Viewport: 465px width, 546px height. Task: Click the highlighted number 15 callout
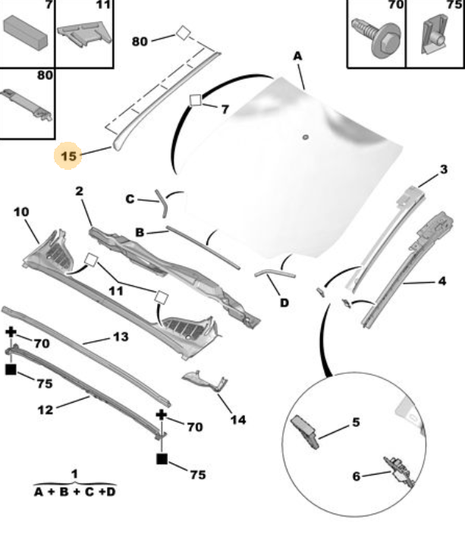pyautogui.click(x=68, y=155)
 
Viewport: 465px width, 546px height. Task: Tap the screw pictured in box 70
pyautogui.click(x=376, y=38)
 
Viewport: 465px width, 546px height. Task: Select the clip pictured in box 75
pyautogui.click(x=435, y=35)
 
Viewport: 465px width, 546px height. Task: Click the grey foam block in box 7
pyautogui.click(x=25, y=33)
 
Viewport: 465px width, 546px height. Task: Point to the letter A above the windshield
pyautogui.click(x=297, y=56)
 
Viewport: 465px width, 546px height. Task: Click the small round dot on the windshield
pyautogui.click(x=306, y=136)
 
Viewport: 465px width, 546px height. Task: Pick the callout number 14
pyautogui.click(x=238, y=420)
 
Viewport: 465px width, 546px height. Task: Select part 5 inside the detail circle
pyautogui.click(x=305, y=431)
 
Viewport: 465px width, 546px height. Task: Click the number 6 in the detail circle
pyautogui.click(x=356, y=476)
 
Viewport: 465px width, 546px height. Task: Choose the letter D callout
pyautogui.click(x=284, y=303)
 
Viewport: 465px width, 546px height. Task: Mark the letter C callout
pyautogui.click(x=130, y=199)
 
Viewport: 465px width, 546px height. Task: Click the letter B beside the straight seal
pyautogui.click(x=140, y=232)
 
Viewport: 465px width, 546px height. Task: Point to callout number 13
pyautogui.click(x=121, y=337)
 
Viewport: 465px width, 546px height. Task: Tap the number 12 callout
pyautogui.click(x=46, y=409)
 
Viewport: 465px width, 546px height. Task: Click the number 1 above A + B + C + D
pyautogui.click(x=74, y=474)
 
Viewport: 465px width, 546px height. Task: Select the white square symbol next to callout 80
pyautogui.click(x=183, y=33)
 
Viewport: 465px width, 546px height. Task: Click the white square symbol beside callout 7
pyautogui.click(x=196, y=100)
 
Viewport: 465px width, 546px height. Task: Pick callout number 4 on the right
pyautogui.click(x=442, y=281)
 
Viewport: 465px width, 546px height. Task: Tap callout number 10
pyautogui.click(x=21, y=212)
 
